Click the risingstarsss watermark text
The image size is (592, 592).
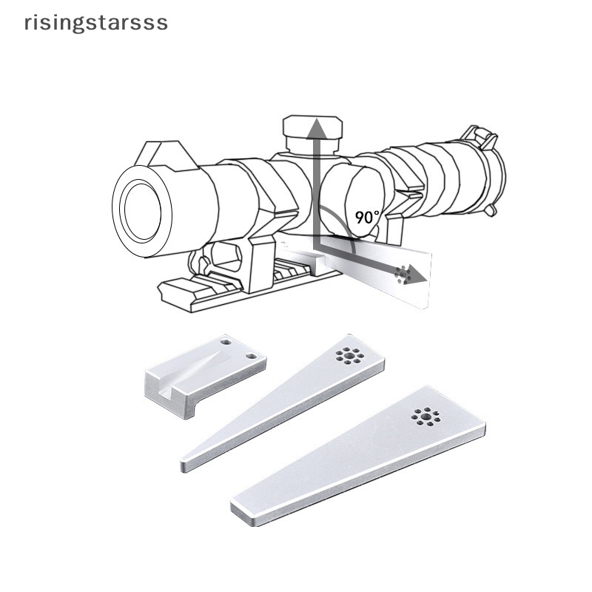[96, 23]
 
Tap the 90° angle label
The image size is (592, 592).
[367, 217]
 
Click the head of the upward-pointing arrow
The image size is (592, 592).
[317, 127]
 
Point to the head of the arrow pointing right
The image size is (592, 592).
[415, 275]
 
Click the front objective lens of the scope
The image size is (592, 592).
[142, 212]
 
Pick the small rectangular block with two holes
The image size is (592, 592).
[206, 375]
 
